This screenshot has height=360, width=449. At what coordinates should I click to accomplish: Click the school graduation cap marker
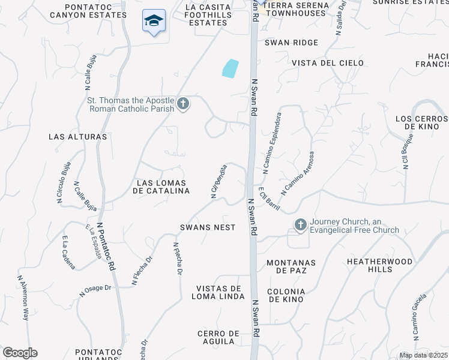154,21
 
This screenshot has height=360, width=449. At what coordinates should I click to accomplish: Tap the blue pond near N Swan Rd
230,68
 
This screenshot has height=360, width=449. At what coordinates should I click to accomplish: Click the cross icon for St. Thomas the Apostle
184,104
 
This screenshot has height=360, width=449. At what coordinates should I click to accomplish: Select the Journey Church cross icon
300,225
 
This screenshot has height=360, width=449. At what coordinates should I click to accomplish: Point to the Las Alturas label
77,137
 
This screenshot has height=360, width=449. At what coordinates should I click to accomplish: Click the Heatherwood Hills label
380,266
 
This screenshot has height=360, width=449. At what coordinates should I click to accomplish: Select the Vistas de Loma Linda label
218,292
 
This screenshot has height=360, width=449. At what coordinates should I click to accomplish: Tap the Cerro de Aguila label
216,337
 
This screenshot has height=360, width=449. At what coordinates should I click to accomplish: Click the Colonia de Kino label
286,295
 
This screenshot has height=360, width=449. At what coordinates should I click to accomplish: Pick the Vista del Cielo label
328,62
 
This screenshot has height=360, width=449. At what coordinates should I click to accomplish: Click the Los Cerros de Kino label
421,122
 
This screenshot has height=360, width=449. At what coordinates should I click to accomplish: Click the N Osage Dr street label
96,290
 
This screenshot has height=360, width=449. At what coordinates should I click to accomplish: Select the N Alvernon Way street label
23,298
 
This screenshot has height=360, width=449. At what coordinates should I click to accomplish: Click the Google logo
20,352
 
